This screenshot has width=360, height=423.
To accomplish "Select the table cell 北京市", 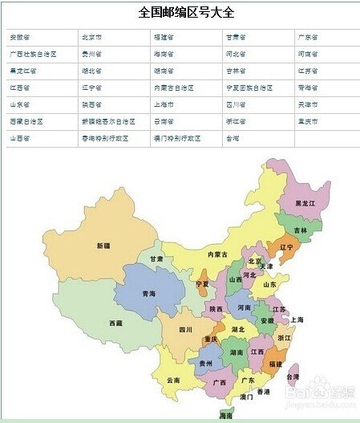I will (95, 38).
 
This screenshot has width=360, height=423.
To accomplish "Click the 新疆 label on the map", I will (103, 245).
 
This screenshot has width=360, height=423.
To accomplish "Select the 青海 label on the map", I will (148, 294).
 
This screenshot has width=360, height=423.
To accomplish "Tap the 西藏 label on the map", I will (116, 323).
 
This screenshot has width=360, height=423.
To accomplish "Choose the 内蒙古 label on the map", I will (218, 254).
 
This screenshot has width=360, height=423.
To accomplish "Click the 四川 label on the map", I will (185, 329).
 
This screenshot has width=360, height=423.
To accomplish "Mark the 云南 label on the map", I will (173, 380).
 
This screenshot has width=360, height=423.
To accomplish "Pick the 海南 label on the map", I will (227, 416).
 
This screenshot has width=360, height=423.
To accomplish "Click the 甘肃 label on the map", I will (156, 259).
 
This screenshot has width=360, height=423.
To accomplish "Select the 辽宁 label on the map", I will (285, 248).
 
